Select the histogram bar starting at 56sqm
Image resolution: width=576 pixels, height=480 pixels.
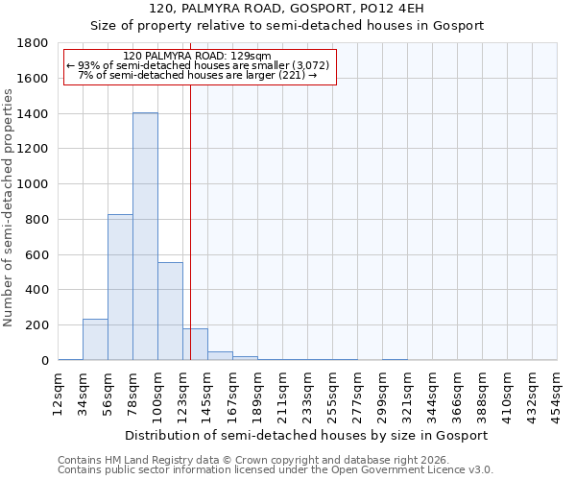(120, 287)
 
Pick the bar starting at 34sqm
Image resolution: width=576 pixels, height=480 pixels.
(95, 340)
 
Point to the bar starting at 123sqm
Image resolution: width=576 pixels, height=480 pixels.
(195, 345)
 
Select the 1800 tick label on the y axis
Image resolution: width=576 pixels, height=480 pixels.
(35, 43)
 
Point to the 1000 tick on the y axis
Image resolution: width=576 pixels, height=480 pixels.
(35, 184)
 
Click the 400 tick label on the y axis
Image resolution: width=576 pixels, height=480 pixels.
(38, 290)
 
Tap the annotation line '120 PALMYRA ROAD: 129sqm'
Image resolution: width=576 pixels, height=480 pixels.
(199, 56)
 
